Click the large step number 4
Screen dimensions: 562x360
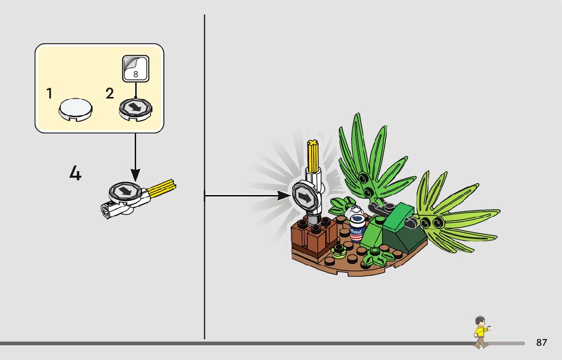tap(75, 174)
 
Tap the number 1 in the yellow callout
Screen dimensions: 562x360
tap(49, 94)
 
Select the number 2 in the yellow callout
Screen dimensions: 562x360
tap(110, 94)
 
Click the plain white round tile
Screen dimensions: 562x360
tap(76, 108)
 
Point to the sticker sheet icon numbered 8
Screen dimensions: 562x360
tap(136, 69)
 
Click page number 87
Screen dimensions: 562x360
tap(542, 343)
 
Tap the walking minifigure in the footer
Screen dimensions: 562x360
tap(480, 332)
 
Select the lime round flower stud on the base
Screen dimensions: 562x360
tap(337, 249)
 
